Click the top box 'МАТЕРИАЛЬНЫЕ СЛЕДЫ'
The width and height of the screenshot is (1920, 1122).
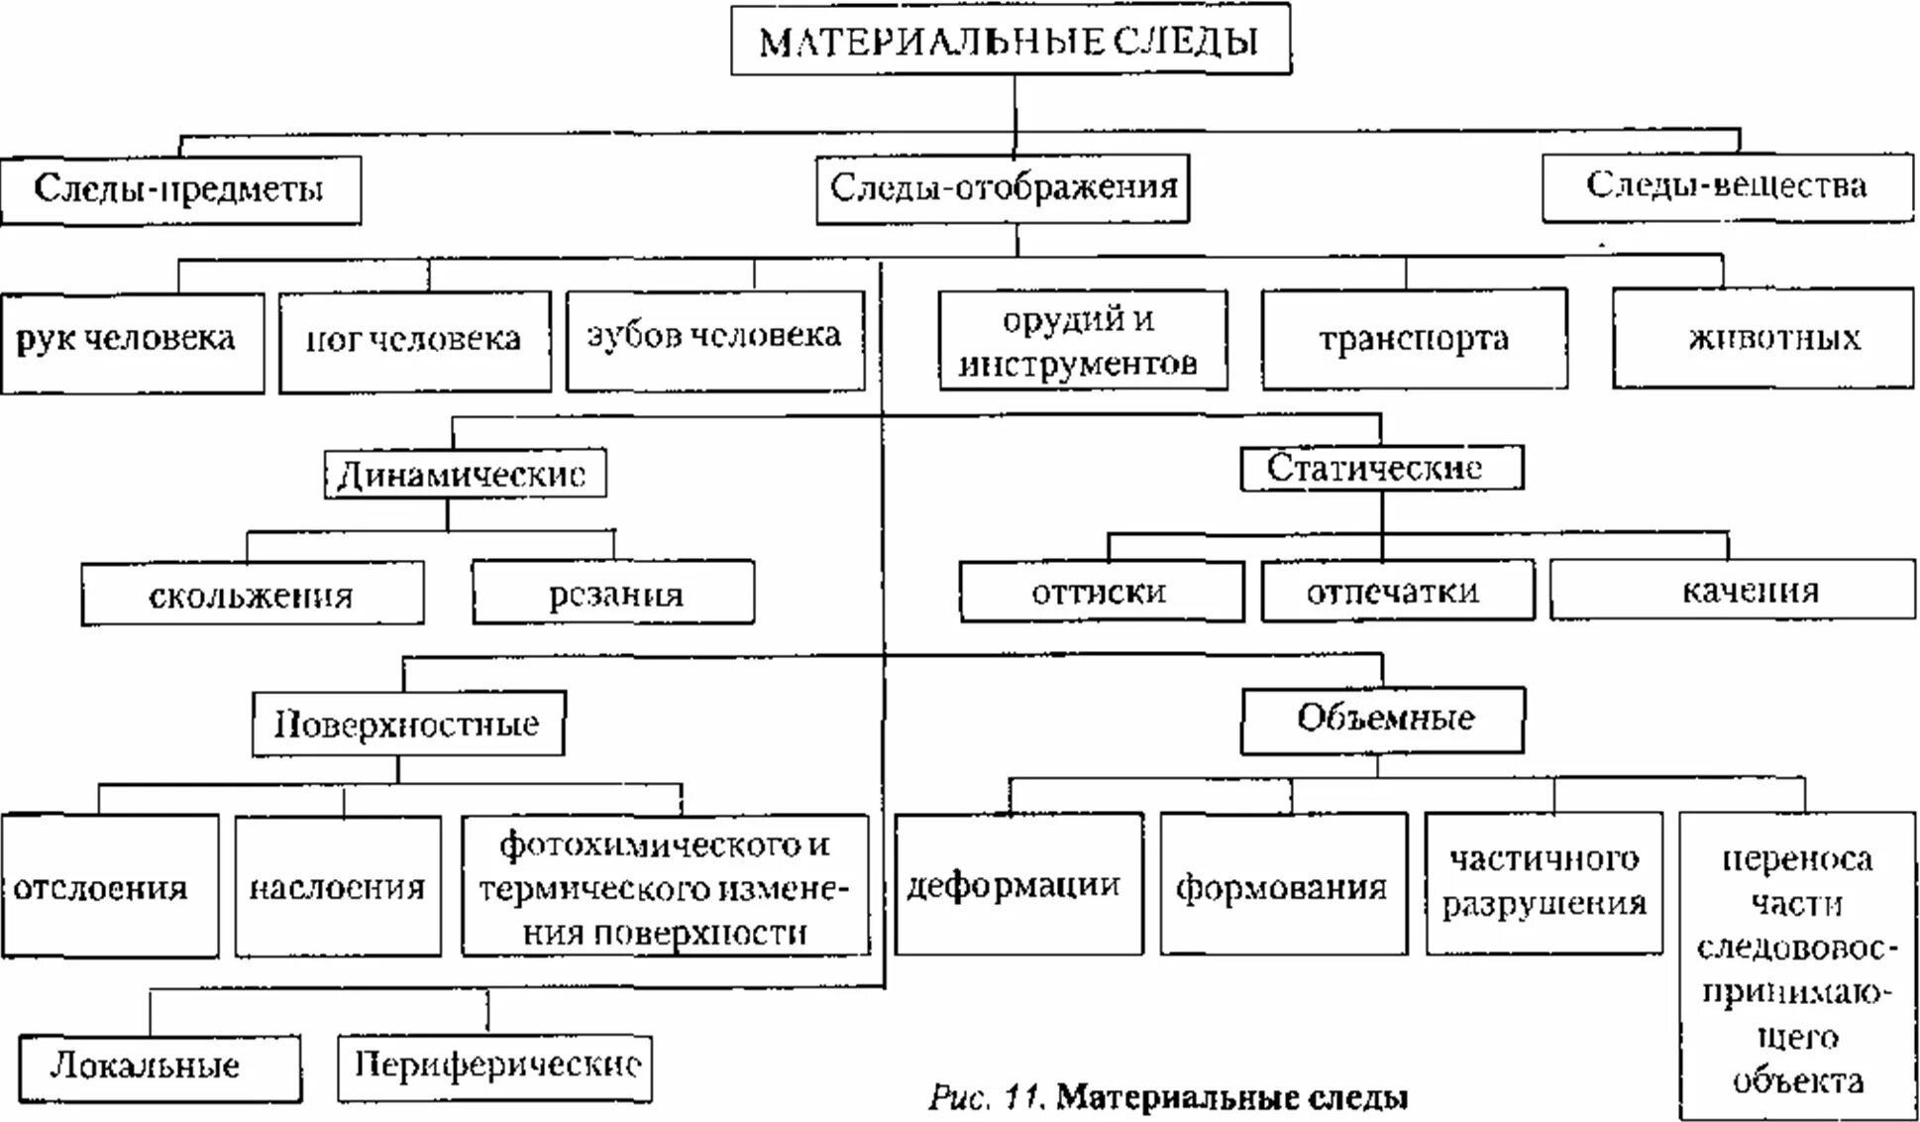[x=1011, y=41]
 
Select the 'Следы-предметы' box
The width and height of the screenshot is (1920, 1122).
[x=180, y=189]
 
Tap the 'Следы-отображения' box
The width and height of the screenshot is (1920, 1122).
[x=1003, y=187]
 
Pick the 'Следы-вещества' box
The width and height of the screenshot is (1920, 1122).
[x=1727, y=186]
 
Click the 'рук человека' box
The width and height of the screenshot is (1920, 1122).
[x=132, y=342]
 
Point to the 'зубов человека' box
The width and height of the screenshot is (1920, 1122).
[x=714, y=339]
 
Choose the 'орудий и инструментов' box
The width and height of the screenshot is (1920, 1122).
[x=1082, y=341]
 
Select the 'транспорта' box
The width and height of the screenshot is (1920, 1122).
[x=1414, y=339]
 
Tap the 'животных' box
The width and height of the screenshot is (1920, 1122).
[x=1762, y=338]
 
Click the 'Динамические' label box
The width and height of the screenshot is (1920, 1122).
[x=465, y=475]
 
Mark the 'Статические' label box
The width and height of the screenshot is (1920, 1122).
[x=1381, y=468]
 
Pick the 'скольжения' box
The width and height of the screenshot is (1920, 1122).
[x=252, y=595]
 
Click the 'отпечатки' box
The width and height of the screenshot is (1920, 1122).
[x=1397, y=592]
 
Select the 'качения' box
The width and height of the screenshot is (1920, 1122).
[x=1732, y=591]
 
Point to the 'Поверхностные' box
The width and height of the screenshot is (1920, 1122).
[x=408, y=725]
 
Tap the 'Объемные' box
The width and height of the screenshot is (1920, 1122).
[x=1382, y=719]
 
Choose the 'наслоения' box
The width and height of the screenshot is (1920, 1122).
[x=338, y=886]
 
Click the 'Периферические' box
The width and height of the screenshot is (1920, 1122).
[x=494, y=1066]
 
